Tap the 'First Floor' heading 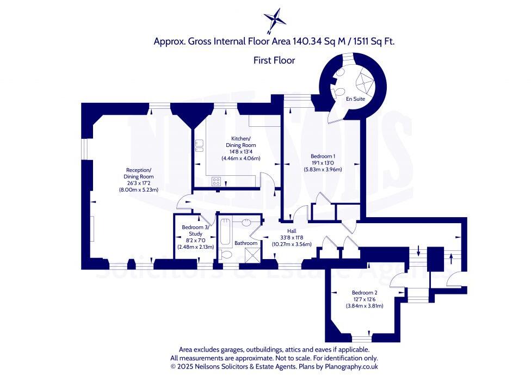tap(274, 60)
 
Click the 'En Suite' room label tap(355, 100)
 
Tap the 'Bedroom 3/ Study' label tap(195, 230)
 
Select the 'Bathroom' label tap(246, 243)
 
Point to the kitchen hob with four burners tap(216, 181)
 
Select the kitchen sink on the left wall tap(199, 145)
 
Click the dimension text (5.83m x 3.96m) tap(323, 169)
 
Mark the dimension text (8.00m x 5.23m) tap(139, 190)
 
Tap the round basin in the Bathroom tap(246, 222)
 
